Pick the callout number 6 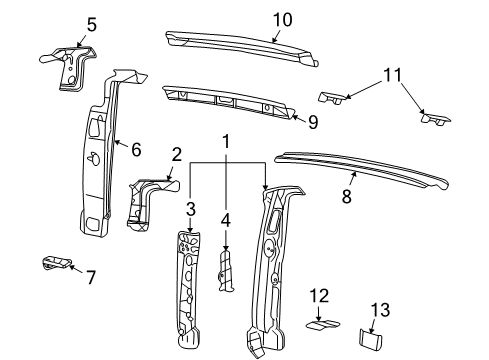(134, 149)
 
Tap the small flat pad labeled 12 (320, 324)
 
